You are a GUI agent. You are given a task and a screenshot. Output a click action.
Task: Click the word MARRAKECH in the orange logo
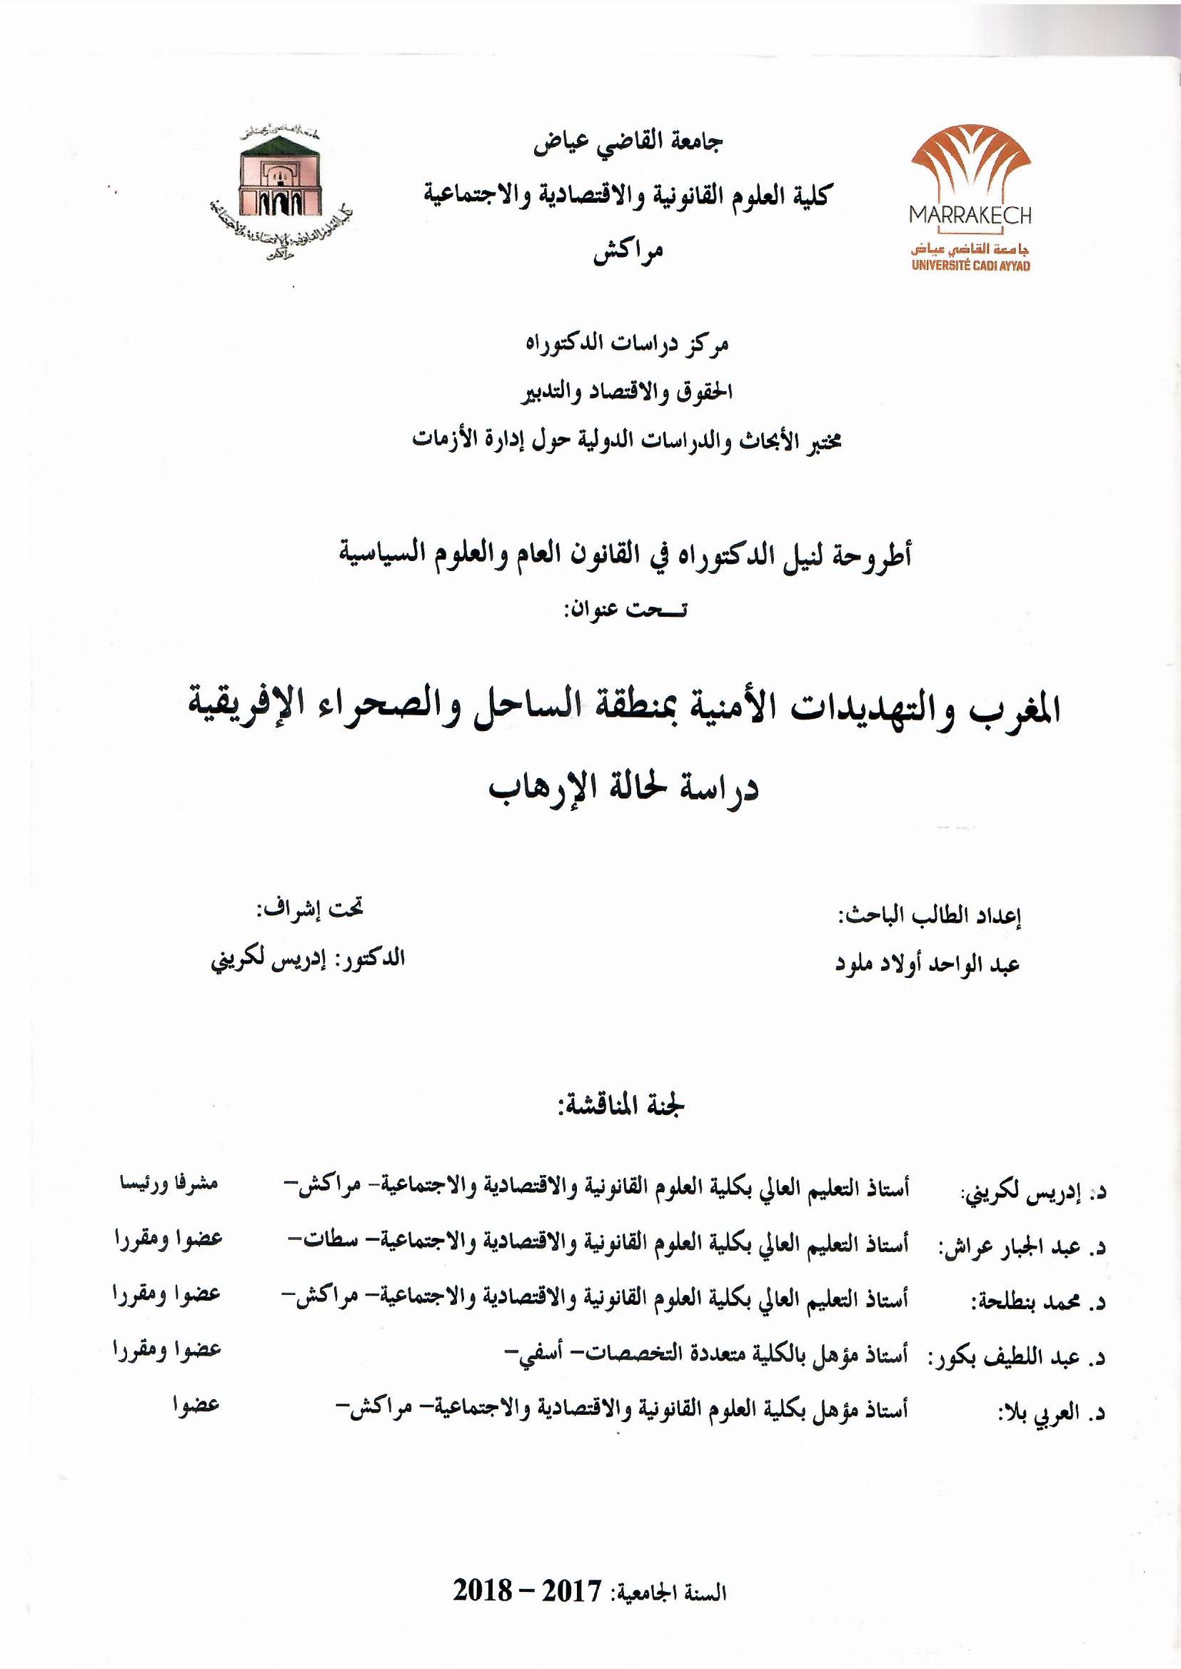pos(970,214)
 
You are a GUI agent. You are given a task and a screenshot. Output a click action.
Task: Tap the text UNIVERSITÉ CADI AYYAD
pos(971,266)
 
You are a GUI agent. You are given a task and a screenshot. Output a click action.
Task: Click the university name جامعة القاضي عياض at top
pos(628,142)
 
